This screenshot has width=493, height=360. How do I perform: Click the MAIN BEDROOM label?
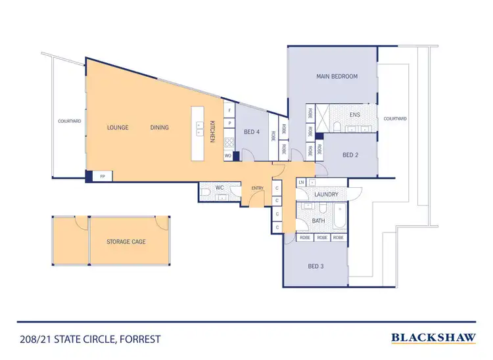pos(337,77)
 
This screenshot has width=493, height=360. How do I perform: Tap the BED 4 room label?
pos(252,133)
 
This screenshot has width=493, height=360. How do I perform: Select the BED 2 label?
pos(351,155)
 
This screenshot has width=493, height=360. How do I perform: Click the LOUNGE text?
pos(118,127)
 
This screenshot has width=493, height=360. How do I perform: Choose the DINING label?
pos(159,127)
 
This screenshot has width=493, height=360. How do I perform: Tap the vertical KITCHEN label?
pos(212,131)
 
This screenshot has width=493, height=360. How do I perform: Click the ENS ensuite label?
pos(355,115)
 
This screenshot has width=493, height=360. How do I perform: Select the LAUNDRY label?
pos(327,194)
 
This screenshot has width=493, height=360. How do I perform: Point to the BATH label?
pos(318,221)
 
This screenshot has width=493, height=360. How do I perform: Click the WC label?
pos(220,189)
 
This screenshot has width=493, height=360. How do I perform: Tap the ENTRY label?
pos(257,189)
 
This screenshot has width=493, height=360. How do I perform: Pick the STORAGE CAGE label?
pos(126,242)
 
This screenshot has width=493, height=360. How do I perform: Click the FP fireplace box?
pos(103,177)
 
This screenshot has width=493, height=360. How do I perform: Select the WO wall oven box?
pos(227,156)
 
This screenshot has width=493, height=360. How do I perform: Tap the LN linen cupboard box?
pos(301,182)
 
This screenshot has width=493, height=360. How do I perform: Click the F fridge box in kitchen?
pos(229,111)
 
